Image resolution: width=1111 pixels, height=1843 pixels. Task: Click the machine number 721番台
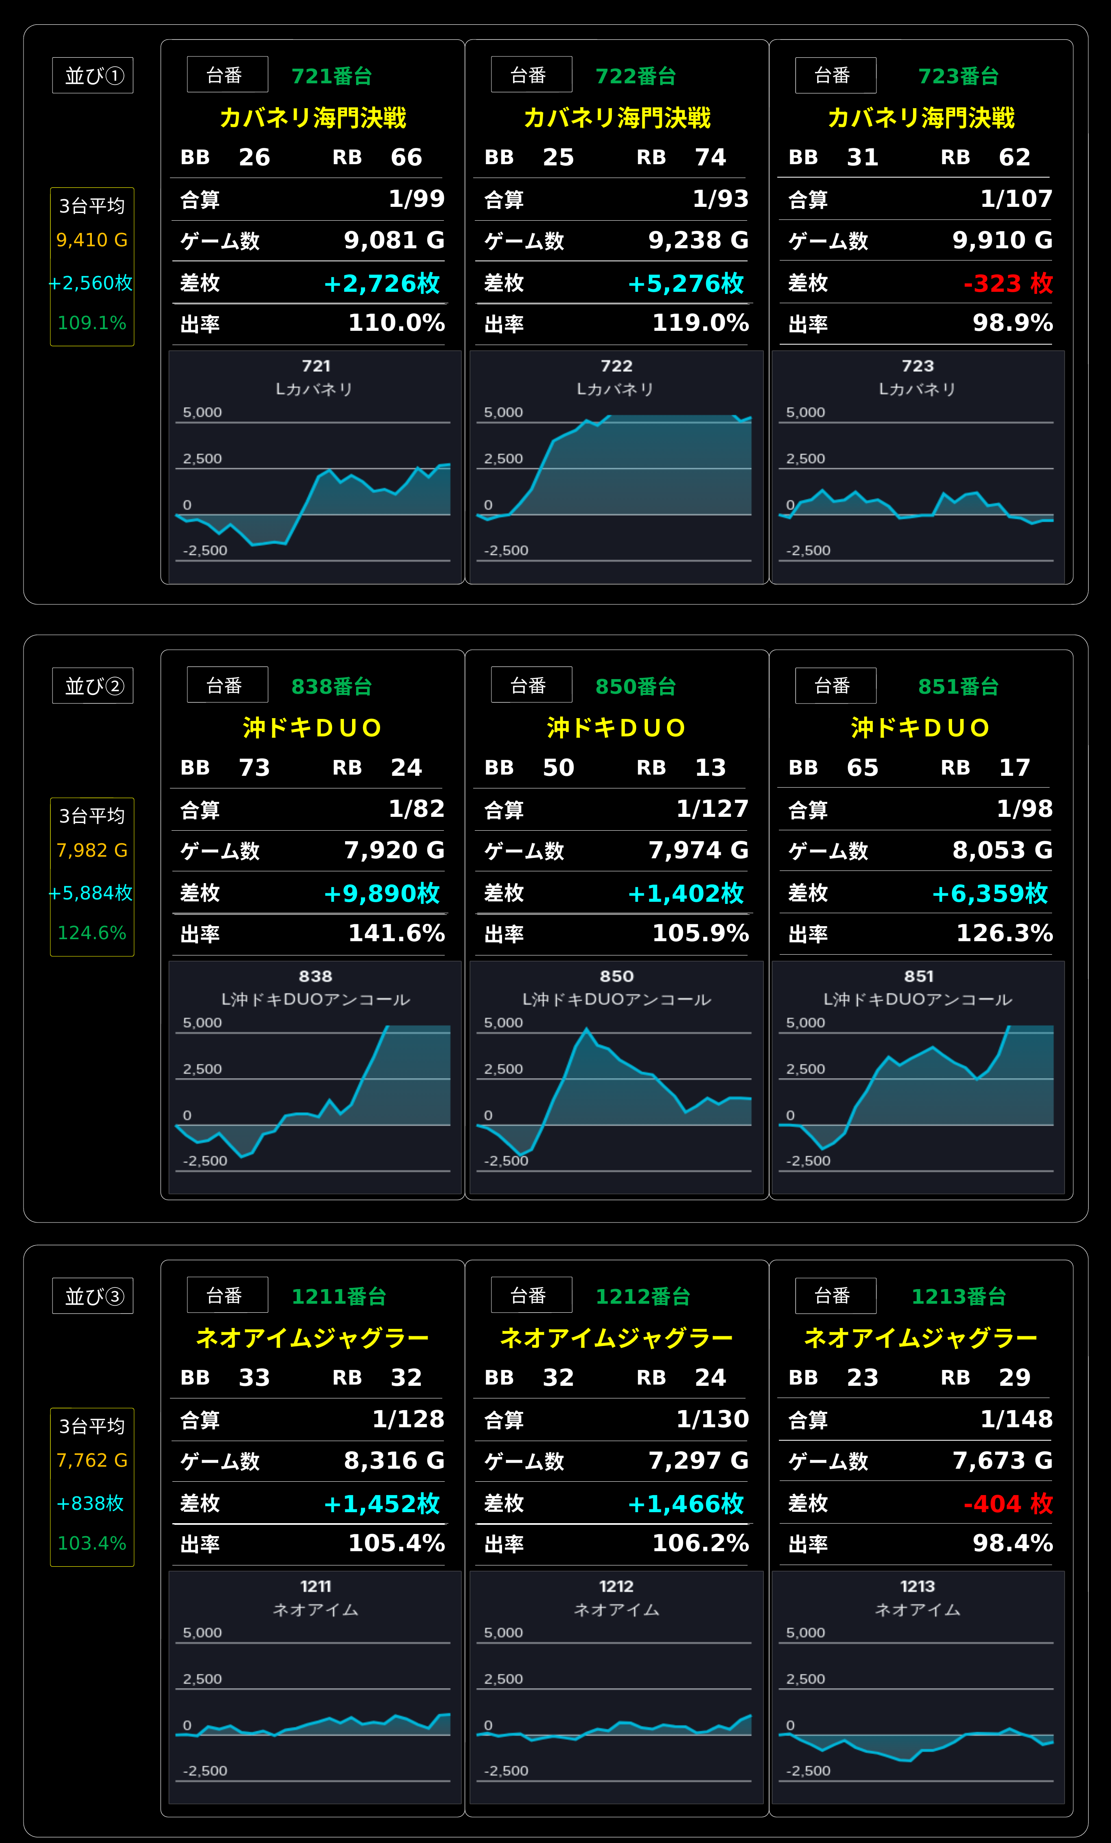point(331,76)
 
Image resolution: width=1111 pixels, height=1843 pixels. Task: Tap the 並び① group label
point(93,76)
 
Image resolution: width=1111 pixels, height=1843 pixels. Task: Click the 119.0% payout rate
point(700,323)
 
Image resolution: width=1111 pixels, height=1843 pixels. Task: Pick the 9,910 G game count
point(1002,240)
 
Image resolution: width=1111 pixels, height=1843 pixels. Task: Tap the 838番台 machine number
point(331,687)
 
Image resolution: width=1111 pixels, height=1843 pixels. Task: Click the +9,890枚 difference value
point(382,893)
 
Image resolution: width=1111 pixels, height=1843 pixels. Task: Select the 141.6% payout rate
point(396,933)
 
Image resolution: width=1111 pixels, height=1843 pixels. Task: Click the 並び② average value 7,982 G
point(92,851)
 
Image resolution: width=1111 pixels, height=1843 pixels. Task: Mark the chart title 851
point(919,976)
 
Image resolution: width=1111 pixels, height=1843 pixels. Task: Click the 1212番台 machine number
point(643,1296)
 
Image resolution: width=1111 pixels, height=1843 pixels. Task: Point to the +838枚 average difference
point(91,1503)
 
